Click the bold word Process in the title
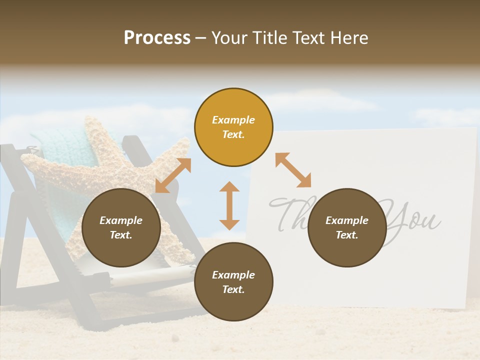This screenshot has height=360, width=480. [157, 38]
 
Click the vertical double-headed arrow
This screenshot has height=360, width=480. [229, 206]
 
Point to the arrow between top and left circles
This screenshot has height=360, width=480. [173, 175]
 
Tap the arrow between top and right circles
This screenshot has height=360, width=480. [293, 170]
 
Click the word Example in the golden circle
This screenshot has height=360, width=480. [233, 120]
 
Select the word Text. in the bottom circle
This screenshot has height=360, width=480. [233, 289]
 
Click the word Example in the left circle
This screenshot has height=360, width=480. [121, 220]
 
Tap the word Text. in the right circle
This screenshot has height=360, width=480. [347, 235]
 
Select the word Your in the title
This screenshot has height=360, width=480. [229, 38]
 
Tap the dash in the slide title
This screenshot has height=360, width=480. [201, 38]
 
